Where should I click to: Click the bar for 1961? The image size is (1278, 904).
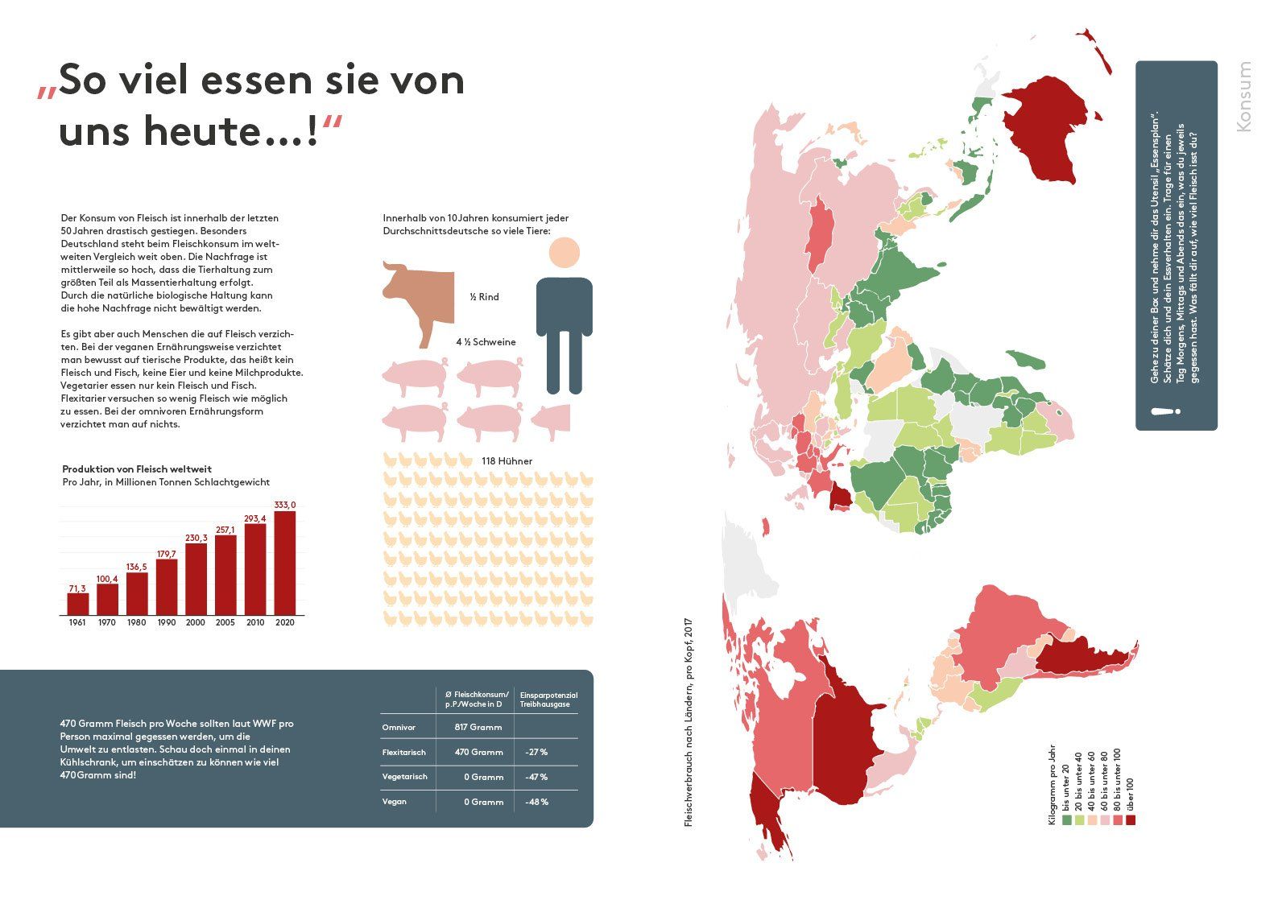[x=77, y=604]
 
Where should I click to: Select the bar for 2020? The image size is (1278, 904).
[x=284, y=563]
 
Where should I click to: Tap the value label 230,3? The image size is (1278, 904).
[x=196, y=538]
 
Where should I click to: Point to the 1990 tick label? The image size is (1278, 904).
[x=166, y=622]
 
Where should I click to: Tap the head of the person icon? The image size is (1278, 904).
[x=564, y=252]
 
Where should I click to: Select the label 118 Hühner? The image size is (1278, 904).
[x=507, y=461]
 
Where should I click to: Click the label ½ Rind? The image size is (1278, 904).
[x=485, y=297]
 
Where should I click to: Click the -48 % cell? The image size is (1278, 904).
[x=536, y=802]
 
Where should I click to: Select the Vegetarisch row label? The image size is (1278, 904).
[x=404, y=777]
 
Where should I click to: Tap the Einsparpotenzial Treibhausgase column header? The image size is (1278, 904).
[x=548, y=700]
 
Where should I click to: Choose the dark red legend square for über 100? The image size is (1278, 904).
[x=1131, y=820]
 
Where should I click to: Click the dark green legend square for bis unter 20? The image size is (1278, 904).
[x=1067, y=820]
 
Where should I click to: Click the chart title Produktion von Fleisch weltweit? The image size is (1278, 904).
[x=137, y=469]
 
